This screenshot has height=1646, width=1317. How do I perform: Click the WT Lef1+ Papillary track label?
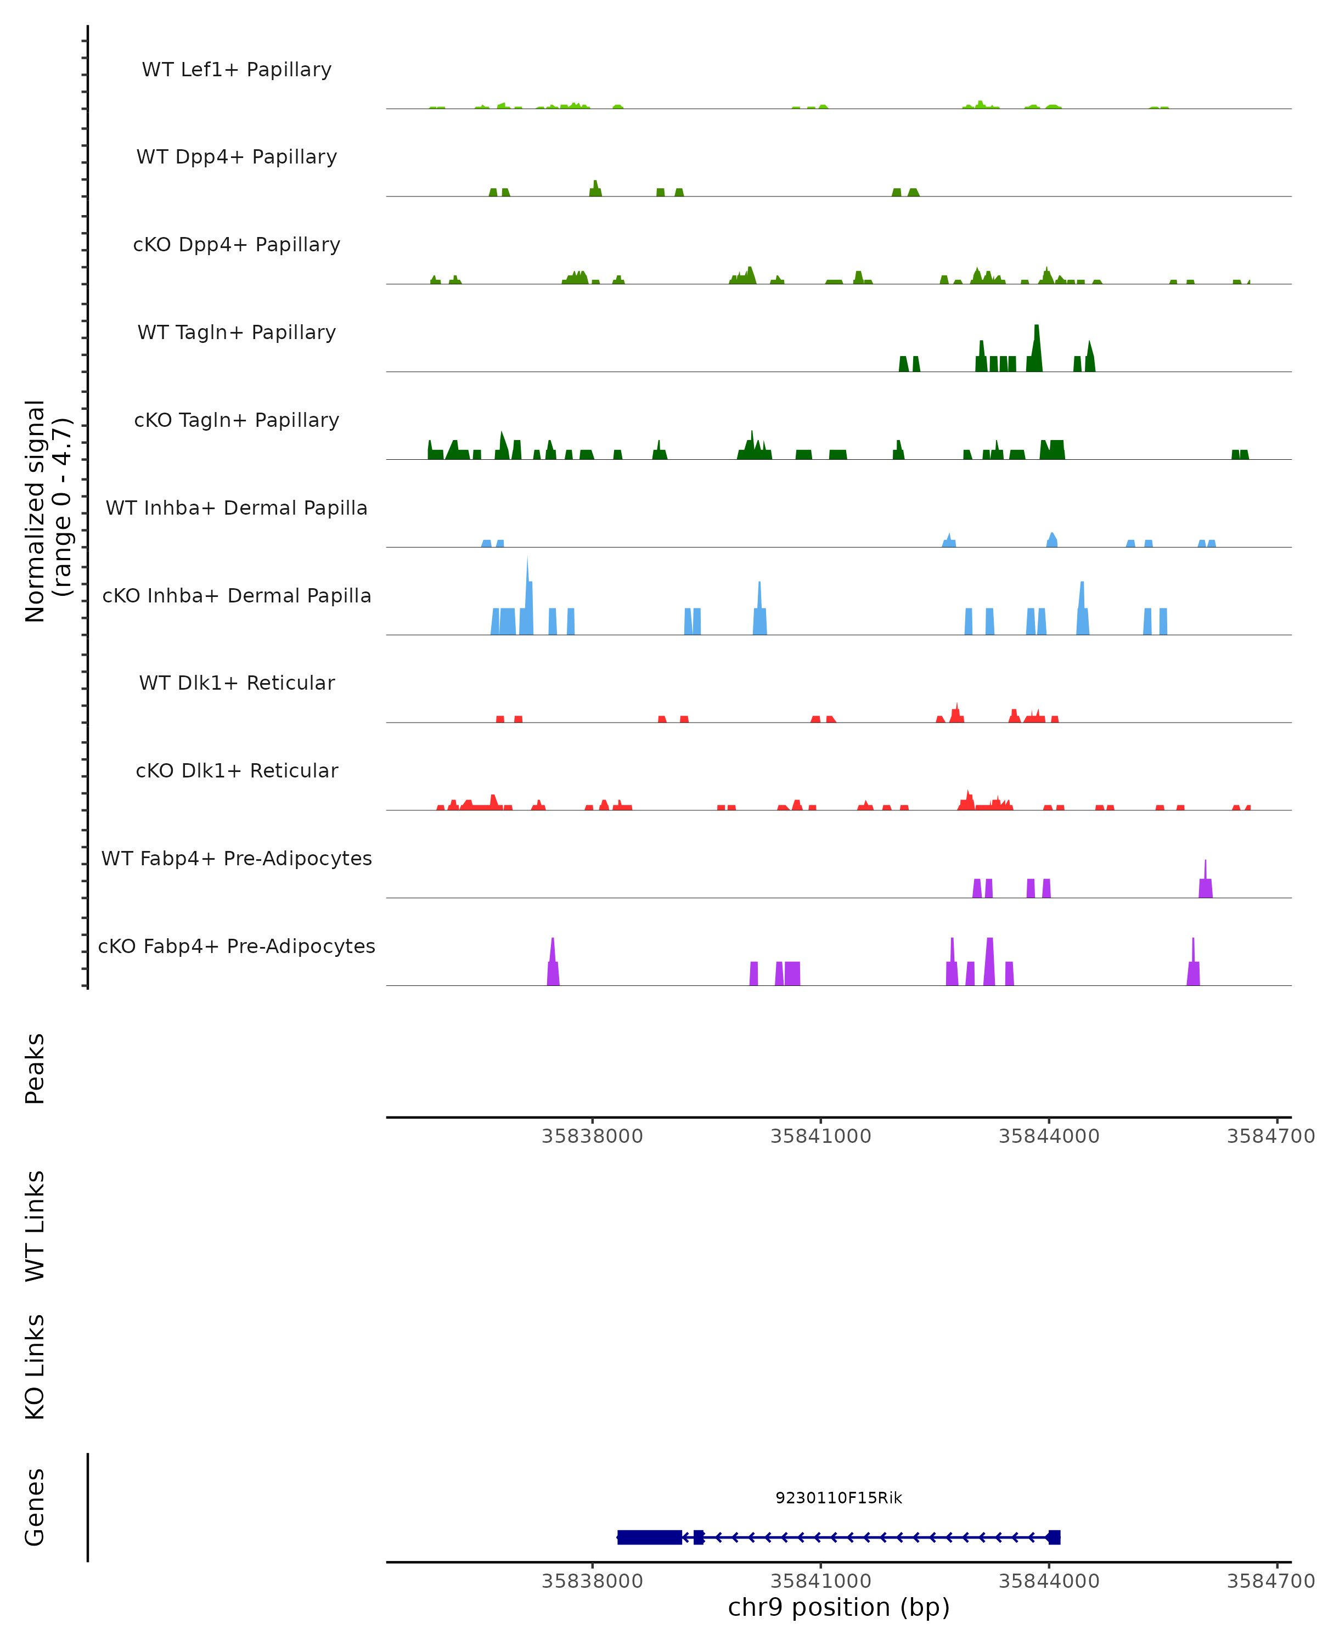[x=237, y=70]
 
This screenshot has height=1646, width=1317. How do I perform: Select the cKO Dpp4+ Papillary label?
[x=237, y=245]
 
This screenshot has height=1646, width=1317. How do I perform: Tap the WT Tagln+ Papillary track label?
[x=237, y=333]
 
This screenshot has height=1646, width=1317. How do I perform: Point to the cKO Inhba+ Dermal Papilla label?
[x=237, y=596]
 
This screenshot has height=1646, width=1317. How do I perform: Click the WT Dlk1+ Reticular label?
[x=237, y=683]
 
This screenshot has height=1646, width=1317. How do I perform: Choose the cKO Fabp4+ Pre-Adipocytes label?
[x=237, y=946]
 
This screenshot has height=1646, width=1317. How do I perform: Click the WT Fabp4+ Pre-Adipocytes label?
[x=237, y=859]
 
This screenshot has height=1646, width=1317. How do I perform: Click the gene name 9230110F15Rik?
[x=838, y=1498]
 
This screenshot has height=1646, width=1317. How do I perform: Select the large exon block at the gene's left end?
[x=649, y=1537]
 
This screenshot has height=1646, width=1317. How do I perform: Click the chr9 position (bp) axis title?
[x=838, y=1607]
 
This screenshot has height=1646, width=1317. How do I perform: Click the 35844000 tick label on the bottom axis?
[x=1048, y=1581]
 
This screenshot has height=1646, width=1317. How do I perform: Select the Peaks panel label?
[x=35, y=1069]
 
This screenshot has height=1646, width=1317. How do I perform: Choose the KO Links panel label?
[x=35, y=1367]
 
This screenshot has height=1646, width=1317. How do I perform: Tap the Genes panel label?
[x=35, y=1507]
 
